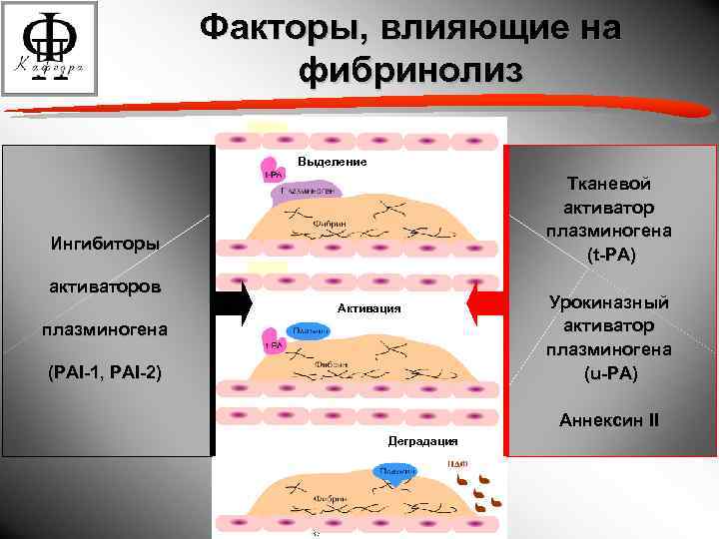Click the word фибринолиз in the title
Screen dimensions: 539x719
pos(410,71)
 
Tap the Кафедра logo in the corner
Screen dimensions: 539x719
pos(50,49)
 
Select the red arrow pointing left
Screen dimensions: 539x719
pos(486,306)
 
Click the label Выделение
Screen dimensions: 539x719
pos(333,162)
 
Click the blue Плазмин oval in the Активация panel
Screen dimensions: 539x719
pos(311,330)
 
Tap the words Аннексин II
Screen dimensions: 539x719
pos(608,420)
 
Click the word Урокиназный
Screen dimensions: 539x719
pos(608,302)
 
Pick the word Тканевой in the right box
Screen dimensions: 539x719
pos(608,184)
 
